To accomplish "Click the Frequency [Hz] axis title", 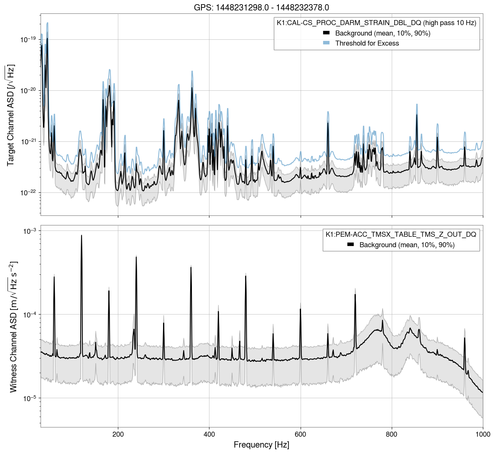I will (261, 445).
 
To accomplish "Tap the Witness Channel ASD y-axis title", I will (13, 327).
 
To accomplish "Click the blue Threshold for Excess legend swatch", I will (327, 43).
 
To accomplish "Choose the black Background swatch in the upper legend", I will (327, 33).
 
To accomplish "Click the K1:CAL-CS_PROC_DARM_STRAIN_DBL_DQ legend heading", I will (376, 23).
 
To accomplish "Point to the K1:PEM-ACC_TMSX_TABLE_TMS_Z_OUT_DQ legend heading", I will (401, 235).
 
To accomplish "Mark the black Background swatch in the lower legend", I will (351, 245).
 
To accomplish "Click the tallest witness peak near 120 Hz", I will (82, 235).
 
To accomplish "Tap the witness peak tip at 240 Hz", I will (136, 257).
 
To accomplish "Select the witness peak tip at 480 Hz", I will (245, 276).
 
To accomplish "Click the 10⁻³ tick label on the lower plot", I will (30, 231).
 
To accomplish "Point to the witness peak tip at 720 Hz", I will (355, 294).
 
